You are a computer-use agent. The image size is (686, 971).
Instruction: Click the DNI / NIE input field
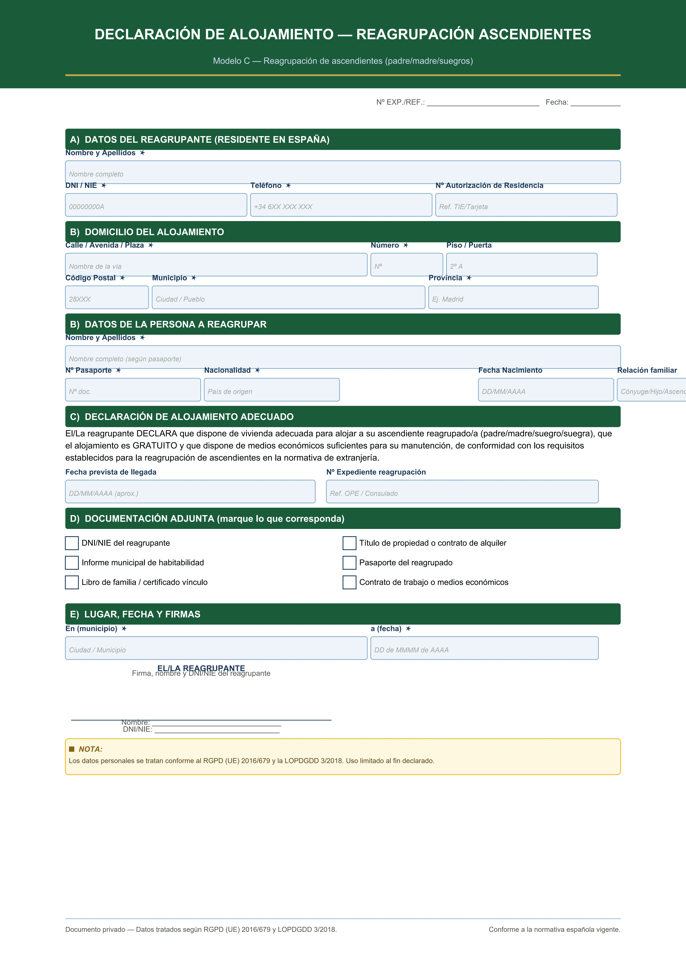click(156, 205)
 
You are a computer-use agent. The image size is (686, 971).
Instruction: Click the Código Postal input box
click(107, 297)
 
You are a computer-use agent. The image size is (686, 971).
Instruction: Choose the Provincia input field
click(513, 297)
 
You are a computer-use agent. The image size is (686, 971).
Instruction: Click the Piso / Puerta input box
click(522, 265)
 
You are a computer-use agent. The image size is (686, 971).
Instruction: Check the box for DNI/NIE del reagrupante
click(72, 543)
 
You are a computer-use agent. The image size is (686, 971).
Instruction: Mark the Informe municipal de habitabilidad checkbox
click(72, 563)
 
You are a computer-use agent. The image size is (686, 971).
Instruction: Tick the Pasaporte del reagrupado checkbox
click(349, 563)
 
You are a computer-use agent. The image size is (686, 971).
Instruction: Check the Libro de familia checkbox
click(72, 582)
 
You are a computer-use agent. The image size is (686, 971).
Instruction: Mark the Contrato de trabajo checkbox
click(349, 582)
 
